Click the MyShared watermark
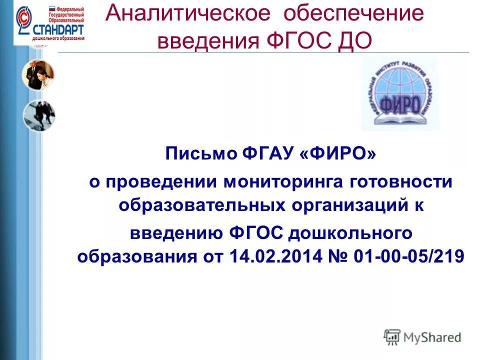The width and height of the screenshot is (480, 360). [422, 337]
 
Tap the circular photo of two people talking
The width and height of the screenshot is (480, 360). [38, 75]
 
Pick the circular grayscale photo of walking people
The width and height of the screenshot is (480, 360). [38, 115]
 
